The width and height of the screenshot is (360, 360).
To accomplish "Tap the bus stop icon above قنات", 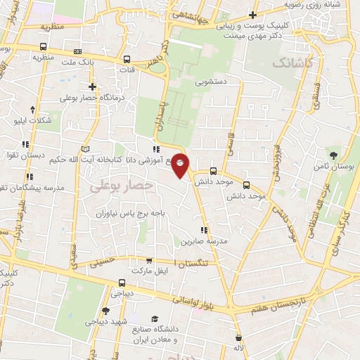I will pos(127,60).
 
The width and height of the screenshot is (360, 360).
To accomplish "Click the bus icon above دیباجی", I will pos(122,283).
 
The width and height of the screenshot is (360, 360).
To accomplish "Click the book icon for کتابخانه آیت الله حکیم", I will pos(85,150).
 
